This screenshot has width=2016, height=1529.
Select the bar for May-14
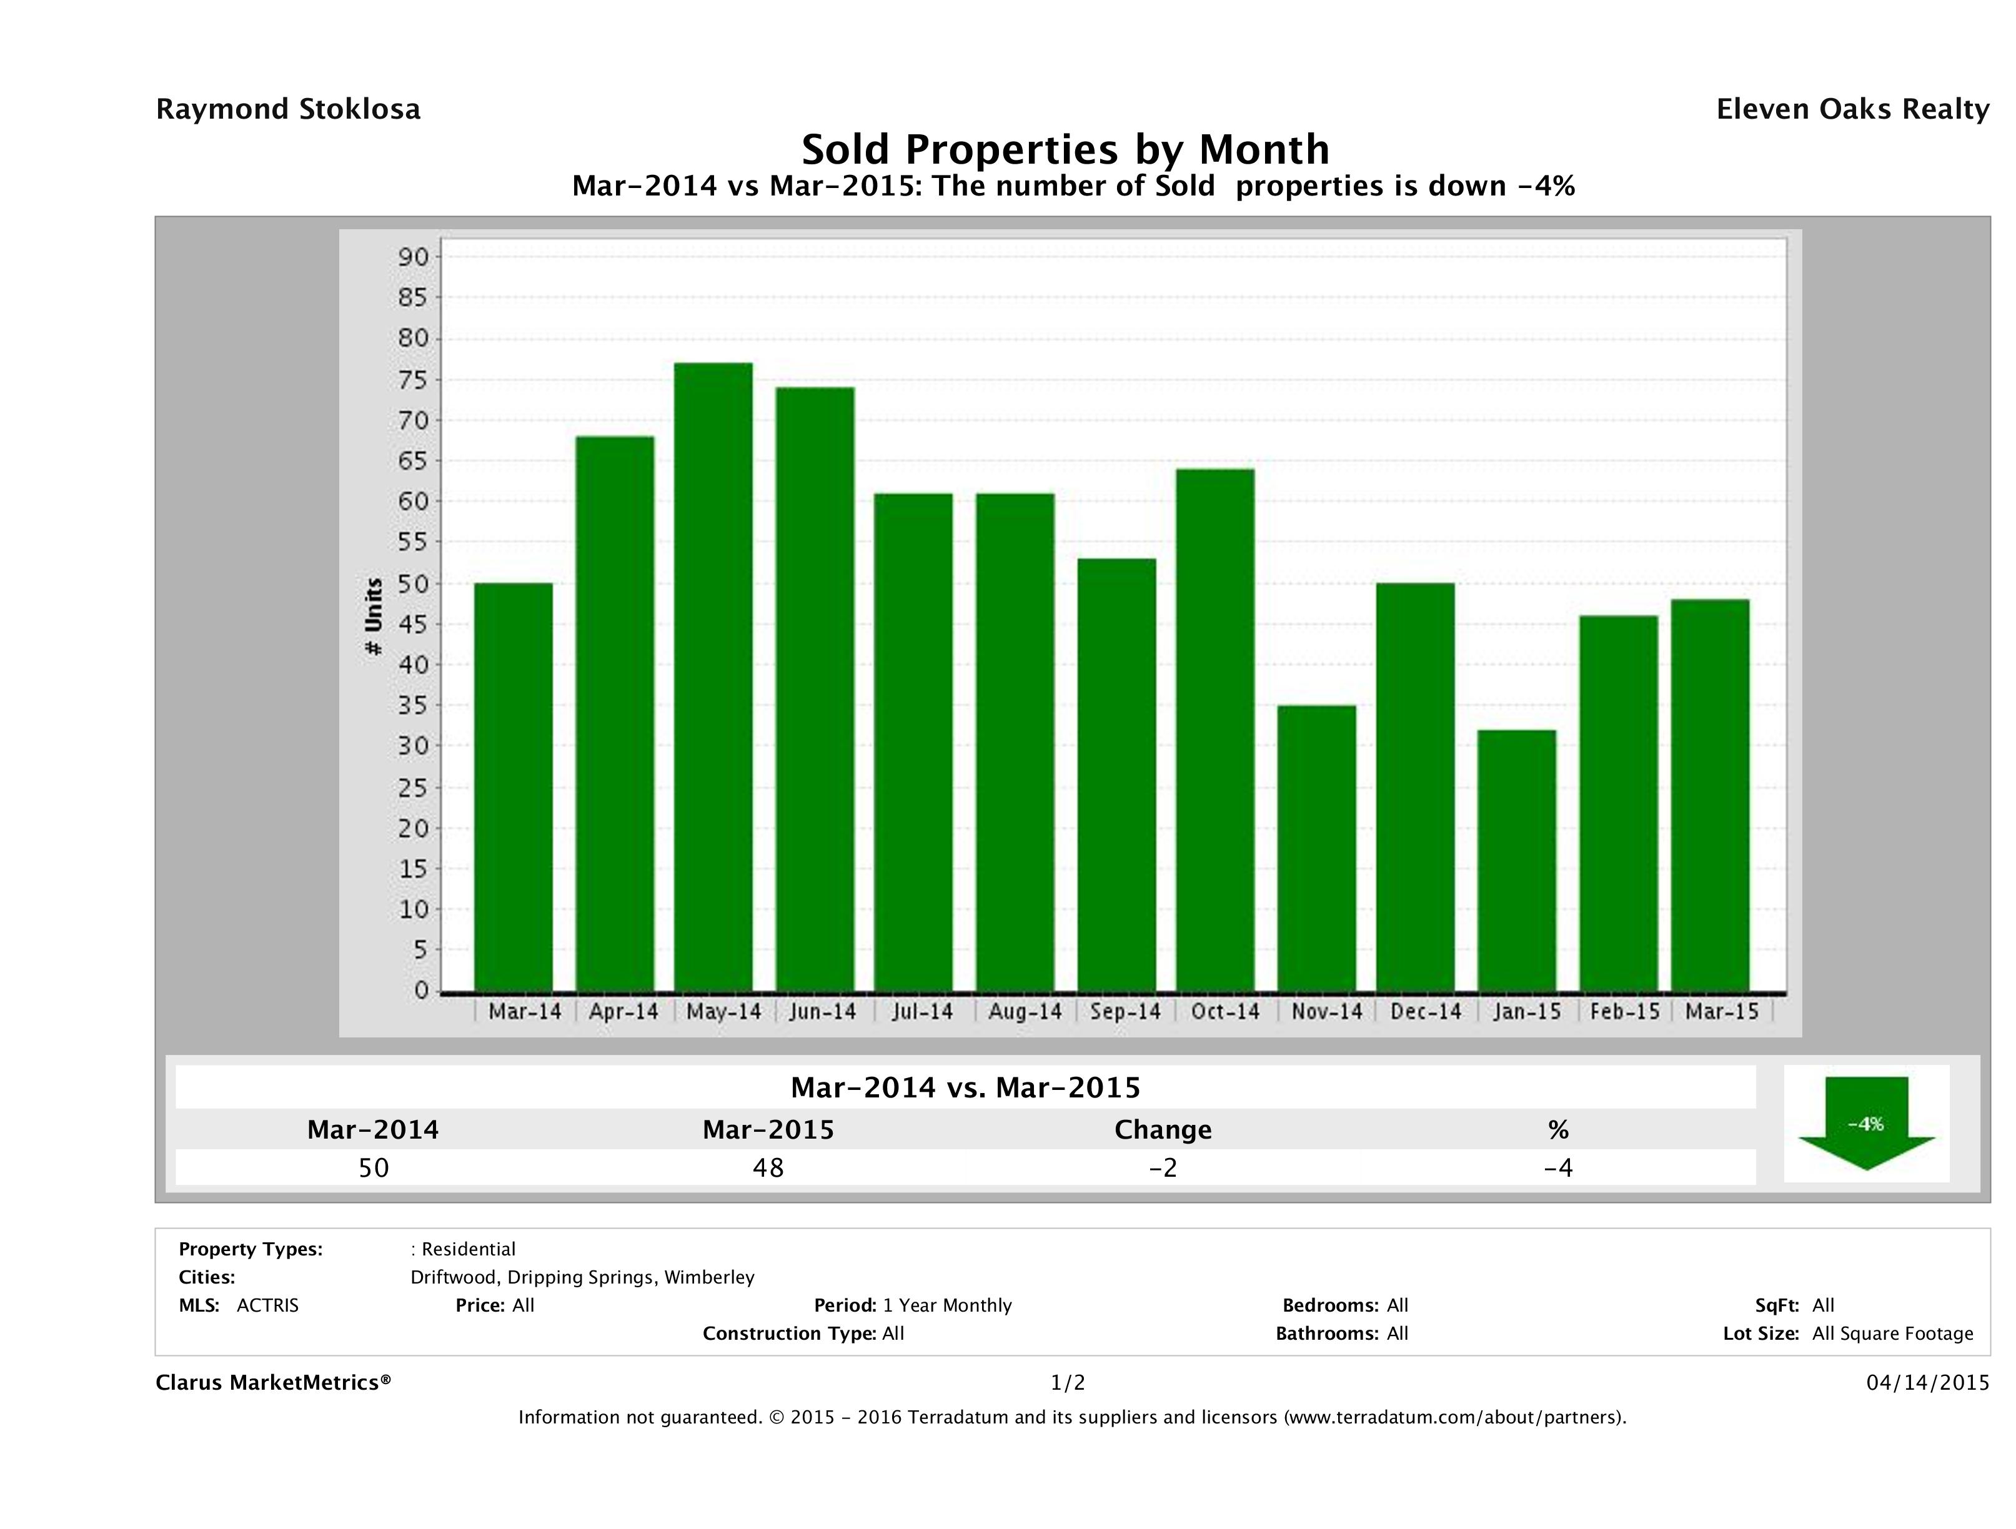point(713,676)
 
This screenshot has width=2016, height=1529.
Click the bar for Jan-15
point(1517,860)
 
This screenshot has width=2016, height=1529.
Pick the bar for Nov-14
point(1316,848)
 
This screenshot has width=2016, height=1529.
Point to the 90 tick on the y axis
point(413,257)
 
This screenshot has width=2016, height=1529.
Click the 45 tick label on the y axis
point(413,624)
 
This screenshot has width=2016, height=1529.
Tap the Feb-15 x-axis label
point(1624,1011)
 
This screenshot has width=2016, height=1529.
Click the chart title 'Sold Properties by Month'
point(1065,149)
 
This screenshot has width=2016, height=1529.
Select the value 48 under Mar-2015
point(768,1167)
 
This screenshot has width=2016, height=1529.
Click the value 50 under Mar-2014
point(374,1167)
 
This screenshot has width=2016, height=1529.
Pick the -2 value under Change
point(1163,1167)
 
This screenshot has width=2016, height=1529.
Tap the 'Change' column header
point(1163,1130)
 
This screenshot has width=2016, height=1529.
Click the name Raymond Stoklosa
point(288,109)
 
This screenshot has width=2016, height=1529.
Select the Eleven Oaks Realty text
point(1852,109)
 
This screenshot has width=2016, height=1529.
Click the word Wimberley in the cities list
point(709,1277)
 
